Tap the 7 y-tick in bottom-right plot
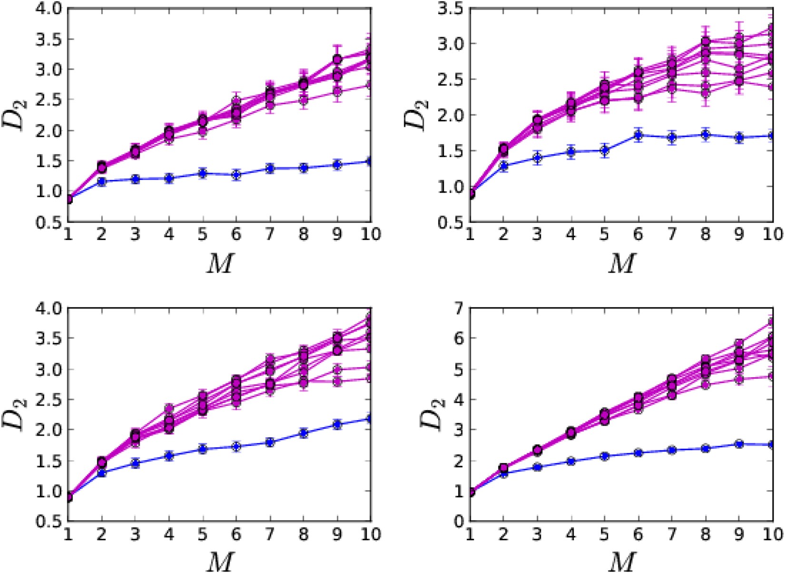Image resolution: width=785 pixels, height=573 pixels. [x=458, y=308]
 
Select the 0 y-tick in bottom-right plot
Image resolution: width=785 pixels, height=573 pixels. [x=458, y=521]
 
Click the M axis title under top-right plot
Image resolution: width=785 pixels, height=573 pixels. [x=621, y=263]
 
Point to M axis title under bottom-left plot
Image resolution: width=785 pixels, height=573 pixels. [x=219, y=562]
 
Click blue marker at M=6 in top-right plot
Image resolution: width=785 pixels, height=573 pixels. [x=638, y=136]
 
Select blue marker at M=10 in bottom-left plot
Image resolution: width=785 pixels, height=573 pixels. [x=370, y=419]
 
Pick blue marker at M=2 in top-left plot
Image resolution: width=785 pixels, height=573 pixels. [x=101, y=181]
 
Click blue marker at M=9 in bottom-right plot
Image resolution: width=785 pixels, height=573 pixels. [x=739, y=444]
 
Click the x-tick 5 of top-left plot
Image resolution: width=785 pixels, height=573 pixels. [x=203, y=234]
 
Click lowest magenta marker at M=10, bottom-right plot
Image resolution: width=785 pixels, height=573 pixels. [x=772, y=376]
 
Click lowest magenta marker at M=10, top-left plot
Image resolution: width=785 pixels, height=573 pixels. [x=370, y=86]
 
